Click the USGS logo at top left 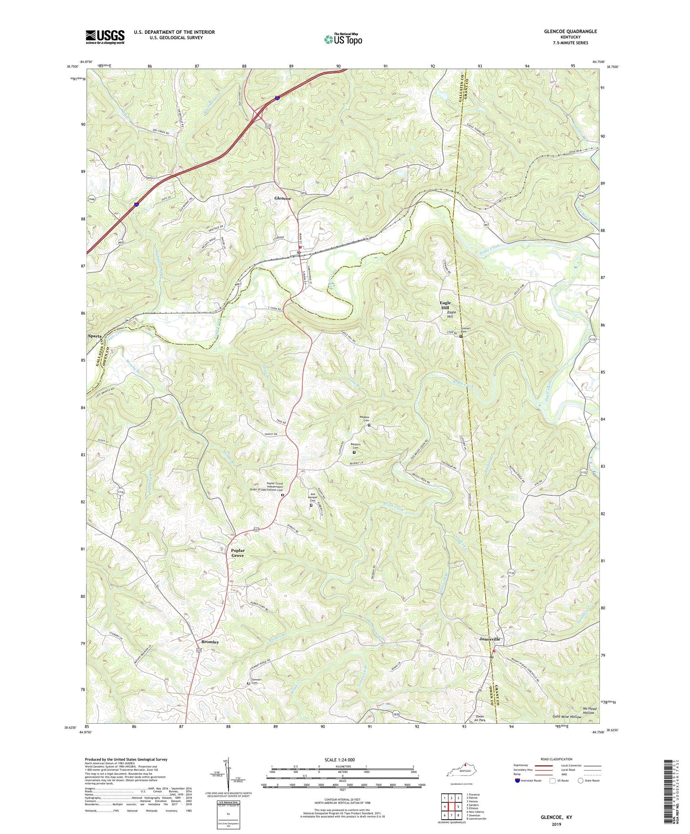[x=105, y=37]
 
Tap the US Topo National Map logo [x=343, y=39]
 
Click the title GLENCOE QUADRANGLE [x=570, y=32]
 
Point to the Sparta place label [x=95, y=336]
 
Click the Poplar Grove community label [x=237, y=553]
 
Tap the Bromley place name [x=210, y=642]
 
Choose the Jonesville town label [x=489, y=639]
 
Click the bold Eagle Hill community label [x=445, y=306]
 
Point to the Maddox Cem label [x=365, y=418]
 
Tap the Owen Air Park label [x=479, y=719]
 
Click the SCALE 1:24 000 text [x=340, y=759]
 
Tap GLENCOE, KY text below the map [x=556, y=817]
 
